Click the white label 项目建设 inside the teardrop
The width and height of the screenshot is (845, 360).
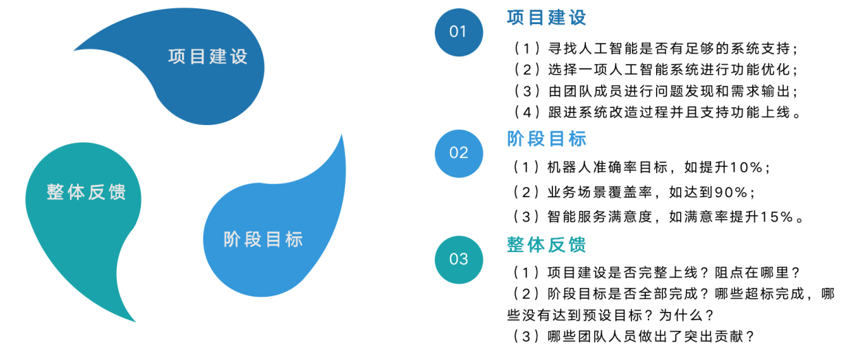point(208,56)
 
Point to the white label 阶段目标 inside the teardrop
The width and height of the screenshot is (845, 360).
point(264,240)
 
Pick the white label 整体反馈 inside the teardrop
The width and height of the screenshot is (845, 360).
point(87,192)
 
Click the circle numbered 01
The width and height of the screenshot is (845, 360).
point(458,32)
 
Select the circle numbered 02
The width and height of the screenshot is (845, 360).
point(458,153)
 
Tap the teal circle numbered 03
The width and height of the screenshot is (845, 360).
point(458,259)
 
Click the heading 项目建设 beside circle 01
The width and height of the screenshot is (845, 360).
point(547,18)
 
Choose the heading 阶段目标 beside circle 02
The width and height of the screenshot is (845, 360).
point(547,139)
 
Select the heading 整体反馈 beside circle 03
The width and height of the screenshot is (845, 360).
point(547,245)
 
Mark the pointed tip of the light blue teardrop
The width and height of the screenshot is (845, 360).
point(341,135)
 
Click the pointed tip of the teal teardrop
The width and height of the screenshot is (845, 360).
point(135,321)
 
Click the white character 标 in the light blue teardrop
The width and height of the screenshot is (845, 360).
point(294,240)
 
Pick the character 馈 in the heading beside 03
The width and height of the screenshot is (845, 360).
point(578,245)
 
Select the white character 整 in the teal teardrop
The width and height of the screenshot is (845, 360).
point(56,192)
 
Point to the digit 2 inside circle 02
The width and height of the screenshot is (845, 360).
point(463,153)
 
